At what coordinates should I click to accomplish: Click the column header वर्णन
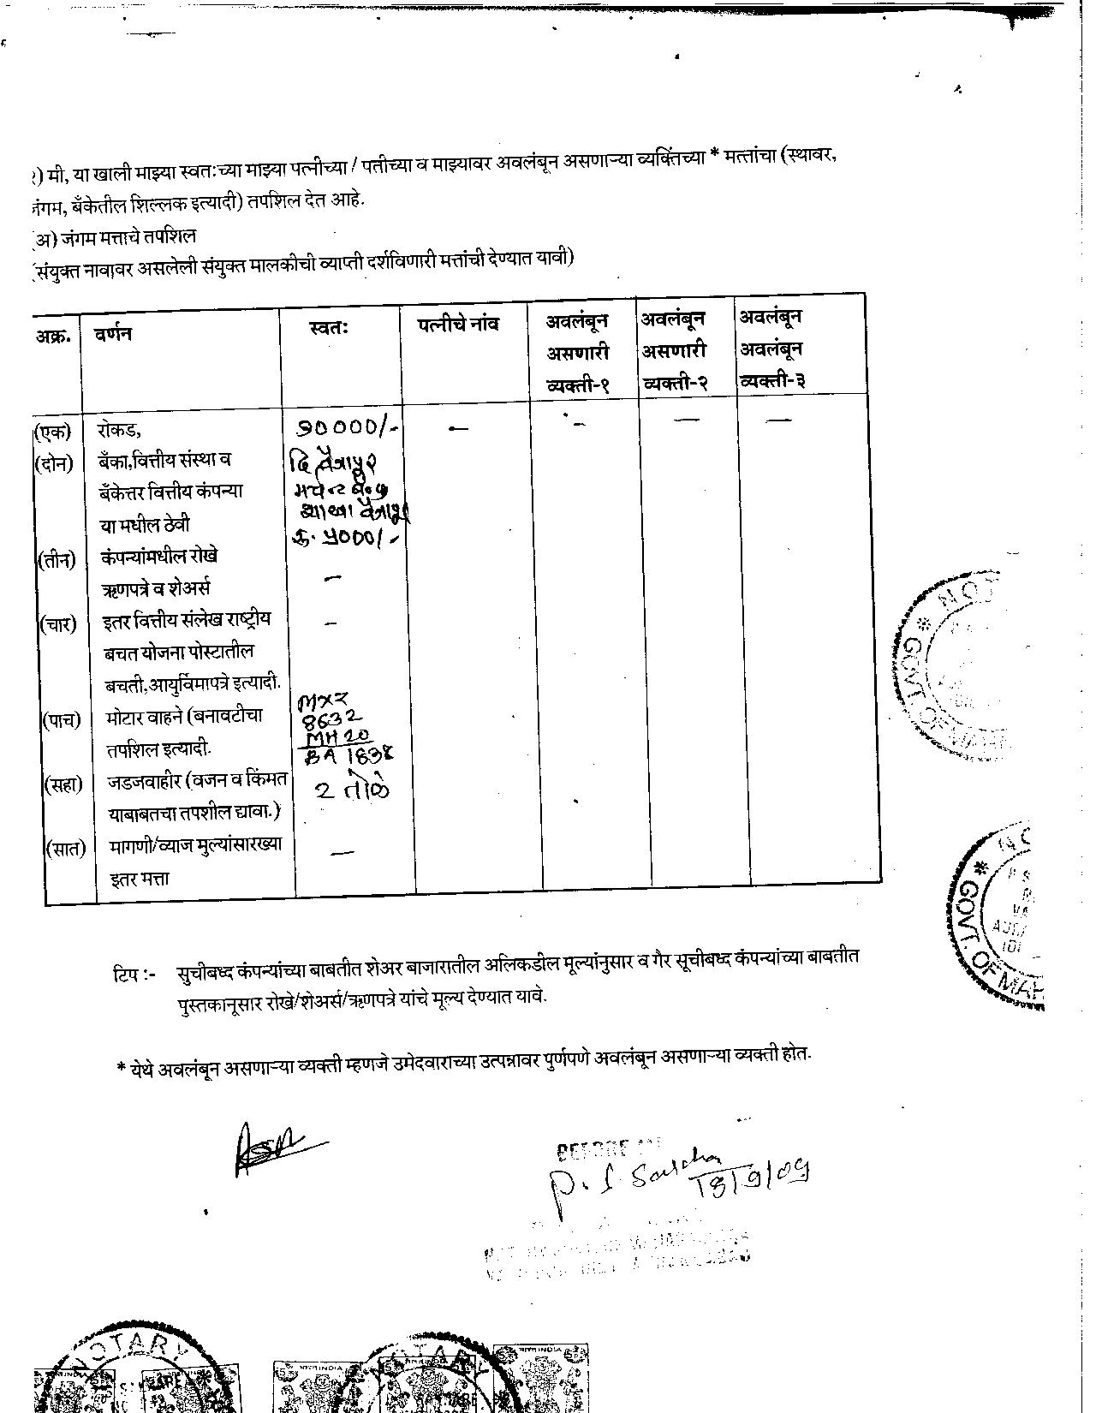[x=113, y=333]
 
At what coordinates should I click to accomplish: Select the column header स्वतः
[x=328, y=328]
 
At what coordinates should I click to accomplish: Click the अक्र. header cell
[x=52, y=335]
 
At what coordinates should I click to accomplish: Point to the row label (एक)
[x=52, y=431]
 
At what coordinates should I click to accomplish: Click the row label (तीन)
[x=57, y=560]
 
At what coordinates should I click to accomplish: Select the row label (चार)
[x=58, y=623]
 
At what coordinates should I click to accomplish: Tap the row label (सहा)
[x=63, y=784]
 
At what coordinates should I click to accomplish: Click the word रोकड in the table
[x=118, y=430]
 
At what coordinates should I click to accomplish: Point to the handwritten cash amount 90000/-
[x=348, y=426]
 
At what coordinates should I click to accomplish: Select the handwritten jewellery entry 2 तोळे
[x=351, y=789]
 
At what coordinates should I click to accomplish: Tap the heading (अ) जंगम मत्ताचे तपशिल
[x=113, y=235]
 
